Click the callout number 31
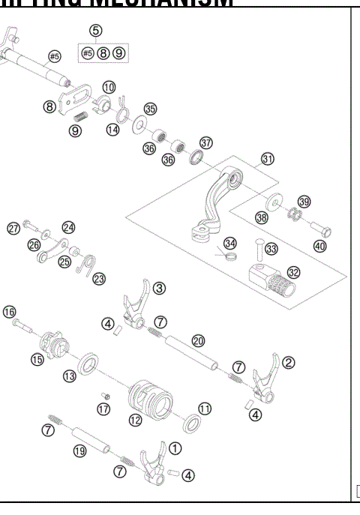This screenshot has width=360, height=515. point(268,159)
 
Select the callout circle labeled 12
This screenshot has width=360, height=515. point(134,421)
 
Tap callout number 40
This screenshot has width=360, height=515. point(320,246)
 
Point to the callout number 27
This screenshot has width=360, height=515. point(13,228)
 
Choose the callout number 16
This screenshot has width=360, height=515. point(10,311)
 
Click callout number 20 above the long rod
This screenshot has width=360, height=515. point(197,340)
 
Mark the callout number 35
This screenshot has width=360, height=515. point(151,109)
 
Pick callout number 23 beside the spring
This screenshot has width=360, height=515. point(99,277)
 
